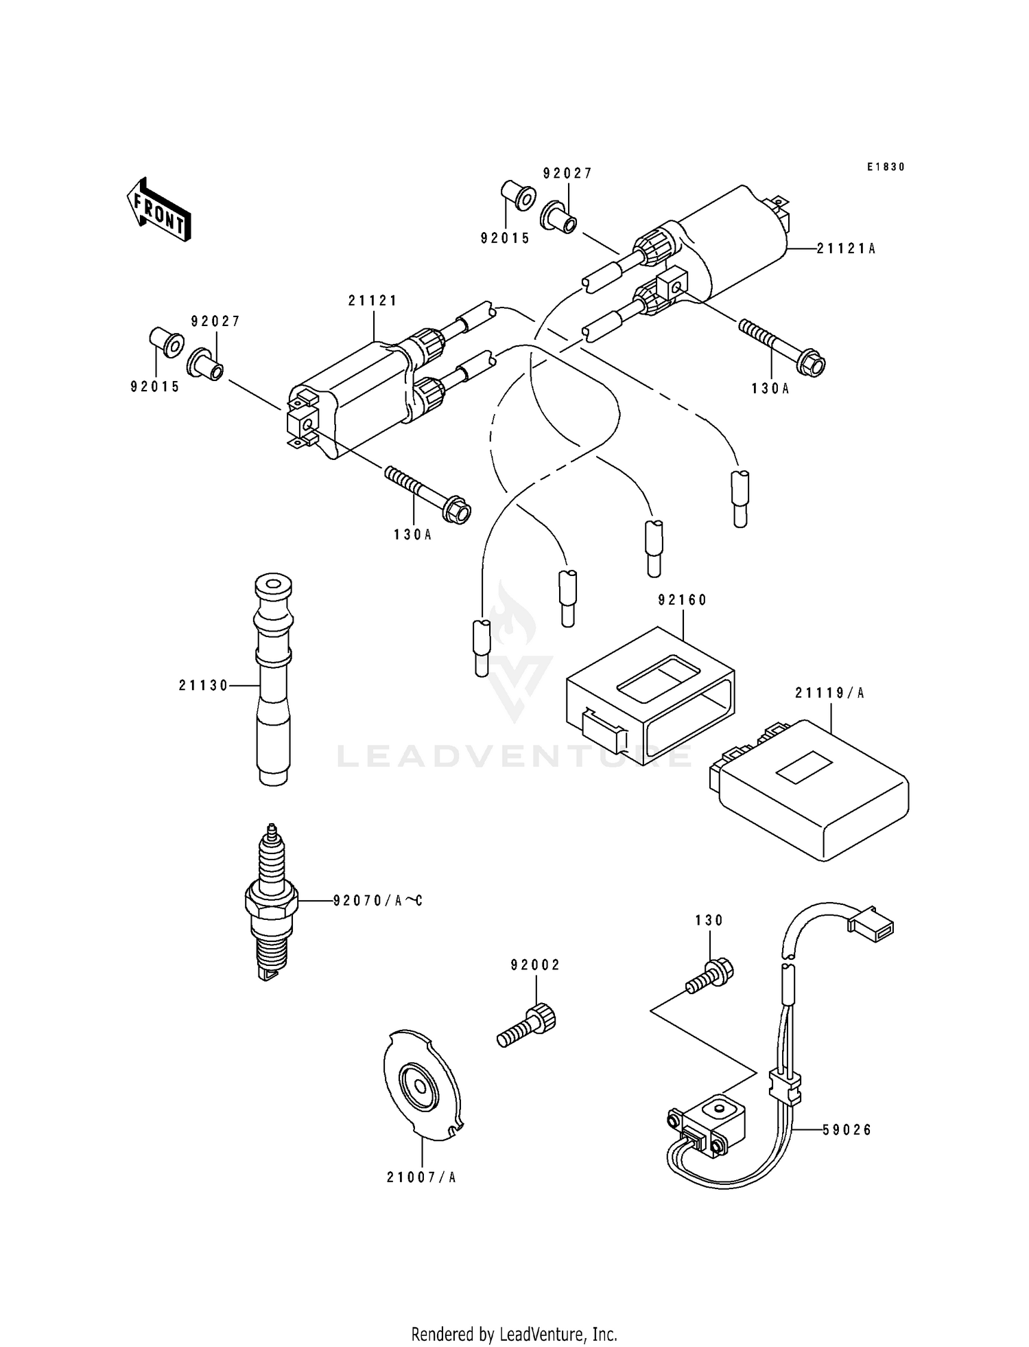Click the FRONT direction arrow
pyautogui.click(x=158, y=209)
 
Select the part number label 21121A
pyautogui.click(x=846, y=249)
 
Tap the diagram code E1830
pyautogui.click(x=886, y=167)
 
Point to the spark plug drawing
pyautogui.click(x=272, y=901)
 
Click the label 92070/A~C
pyautogui.click(x=377, y=900)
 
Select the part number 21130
pyautogui.click(x=203, y=685)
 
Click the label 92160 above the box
pyautogui.click(x=682, y=600)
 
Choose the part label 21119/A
pyautogui.click(x=829, y=693)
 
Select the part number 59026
pyautogui.click(x=847, y=1129)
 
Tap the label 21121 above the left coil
pyautogui.click(x=373, y=301)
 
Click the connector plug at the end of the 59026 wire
pyautogui.click(x=871, y=922)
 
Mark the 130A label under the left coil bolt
pyautogui.click(x=412, y=535)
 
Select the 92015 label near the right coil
pyautogui.click(x=506, y=238)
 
